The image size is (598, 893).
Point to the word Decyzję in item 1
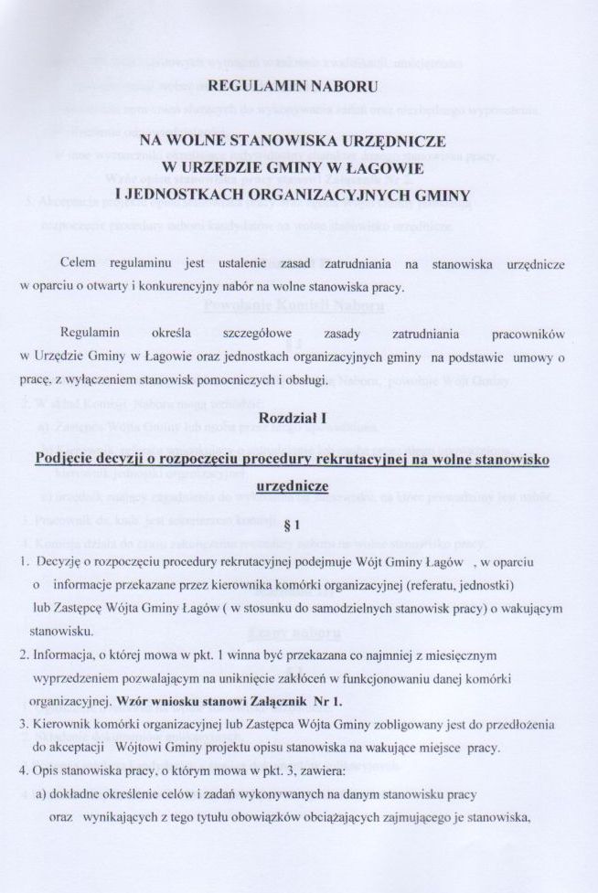point(56,555)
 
